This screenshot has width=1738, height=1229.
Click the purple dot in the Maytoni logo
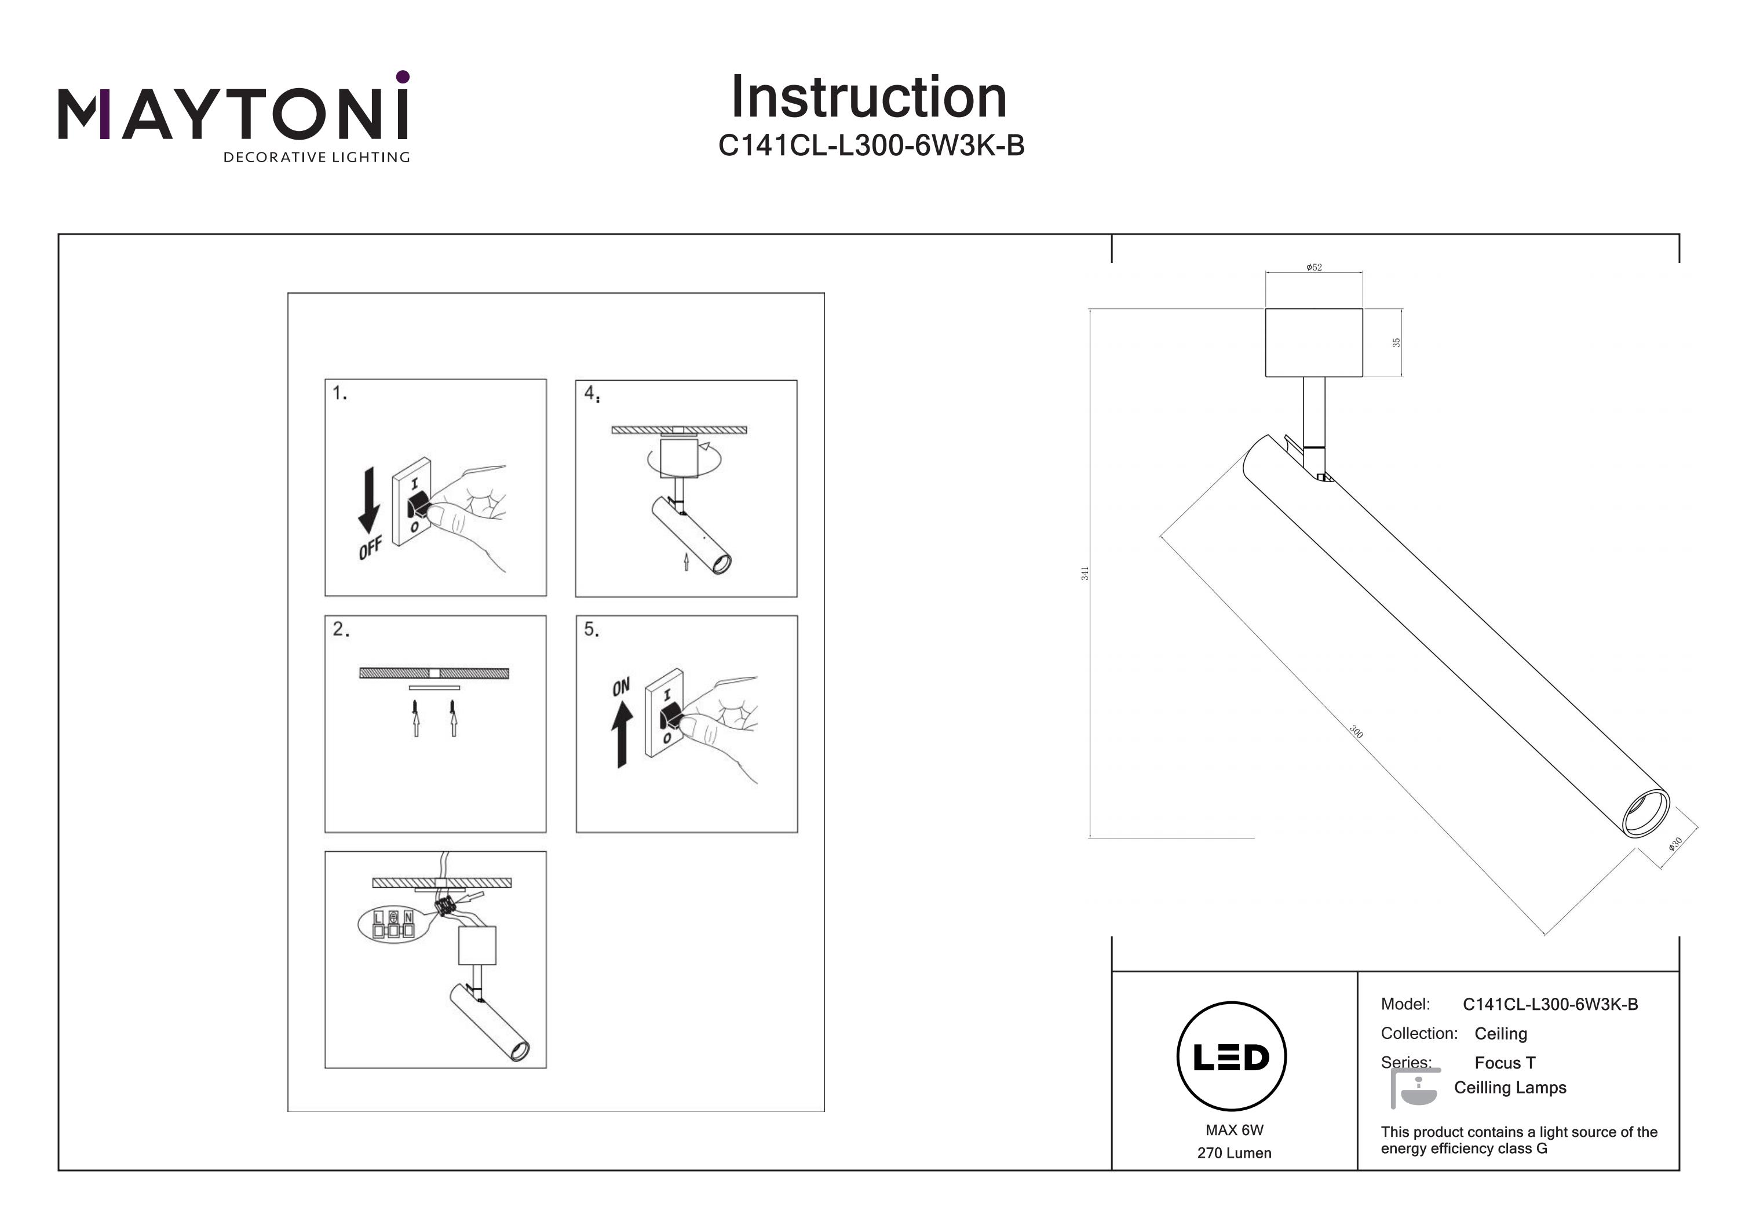(403, 76)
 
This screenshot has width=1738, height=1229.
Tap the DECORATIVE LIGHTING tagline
(316, 158)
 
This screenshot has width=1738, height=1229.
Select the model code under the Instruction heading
(871, 145)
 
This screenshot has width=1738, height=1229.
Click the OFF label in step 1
(370, 548)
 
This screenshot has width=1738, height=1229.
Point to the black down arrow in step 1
(368, 501)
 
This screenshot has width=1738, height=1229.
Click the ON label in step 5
(620, 687)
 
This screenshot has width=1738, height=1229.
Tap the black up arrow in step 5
(622, 735)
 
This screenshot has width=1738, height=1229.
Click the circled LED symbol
(1232, 1057)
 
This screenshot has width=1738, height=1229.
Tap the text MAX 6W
(1235, 1130)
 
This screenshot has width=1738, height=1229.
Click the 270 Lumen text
(1234, 1153)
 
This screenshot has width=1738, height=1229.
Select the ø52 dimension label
(1314, 267)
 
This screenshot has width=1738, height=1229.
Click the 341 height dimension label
(1085, 573)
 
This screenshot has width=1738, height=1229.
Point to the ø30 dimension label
(1675, 844)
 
